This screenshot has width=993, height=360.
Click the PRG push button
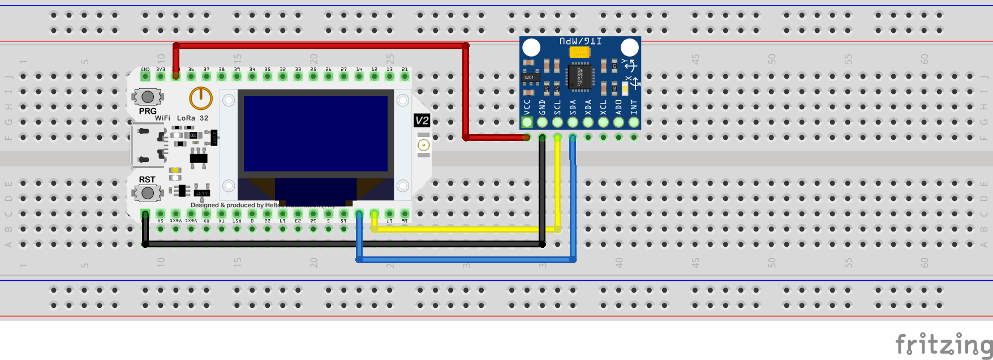pos(148,97)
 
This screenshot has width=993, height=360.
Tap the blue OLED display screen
pos(316,134)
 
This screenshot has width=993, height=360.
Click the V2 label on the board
pos(422,120)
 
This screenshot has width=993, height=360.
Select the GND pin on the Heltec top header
pos(145,76)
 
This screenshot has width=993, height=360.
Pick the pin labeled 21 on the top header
pos(405,76)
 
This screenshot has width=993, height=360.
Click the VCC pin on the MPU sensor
pos(527,122)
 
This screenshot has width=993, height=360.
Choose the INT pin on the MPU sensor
pos(634,122)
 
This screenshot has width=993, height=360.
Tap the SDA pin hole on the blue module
pos(573,122)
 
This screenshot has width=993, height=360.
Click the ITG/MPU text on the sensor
pos(581,41)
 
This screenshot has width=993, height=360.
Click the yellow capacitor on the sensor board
pos(579,52)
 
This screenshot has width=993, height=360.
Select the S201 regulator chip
pos(530,77)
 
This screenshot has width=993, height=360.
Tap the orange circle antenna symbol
pos(200,98)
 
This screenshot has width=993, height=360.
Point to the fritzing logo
pos(943,344)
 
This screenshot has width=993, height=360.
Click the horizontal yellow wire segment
pos(464,229)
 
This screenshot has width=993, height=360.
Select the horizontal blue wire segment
pos(464,260)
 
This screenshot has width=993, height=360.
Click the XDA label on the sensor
pos(588,106)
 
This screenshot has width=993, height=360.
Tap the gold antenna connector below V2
pos(423,145)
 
